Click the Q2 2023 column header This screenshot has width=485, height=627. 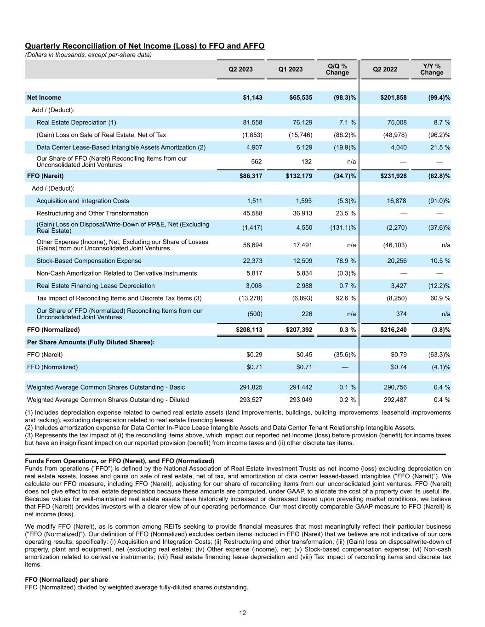[240, 69]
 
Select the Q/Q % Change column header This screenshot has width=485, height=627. [337, 69]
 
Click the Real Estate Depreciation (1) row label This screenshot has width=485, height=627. [76, 122]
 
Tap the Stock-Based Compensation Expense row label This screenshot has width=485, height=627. [89, 260]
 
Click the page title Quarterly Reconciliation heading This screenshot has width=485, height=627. [144, 46]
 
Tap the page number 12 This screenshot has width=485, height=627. [242, 613]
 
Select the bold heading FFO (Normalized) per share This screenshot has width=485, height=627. [66, 580]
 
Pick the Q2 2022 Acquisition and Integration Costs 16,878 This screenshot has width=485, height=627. [396, 201]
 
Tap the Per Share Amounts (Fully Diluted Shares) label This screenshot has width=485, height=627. [91, 342]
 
